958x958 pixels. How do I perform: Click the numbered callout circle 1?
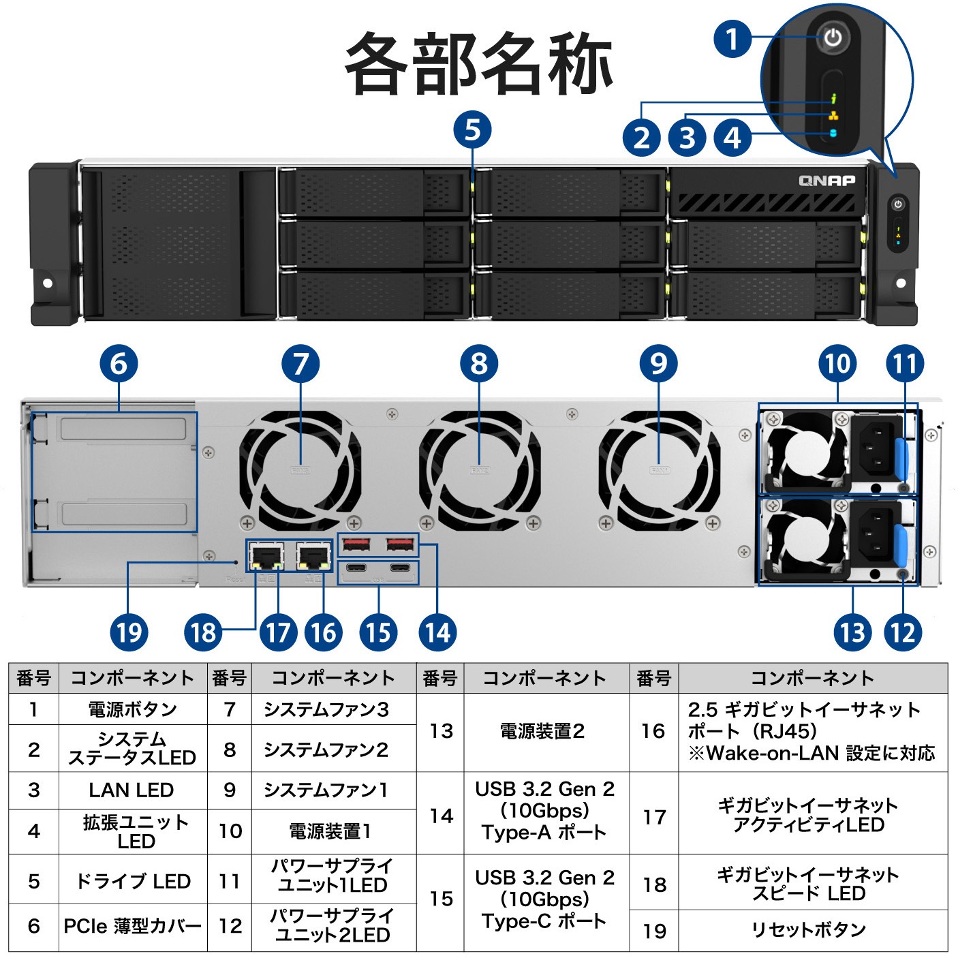click(732, 38)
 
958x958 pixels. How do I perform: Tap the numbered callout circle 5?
click(472, 130)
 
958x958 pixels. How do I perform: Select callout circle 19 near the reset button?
click(128, 632)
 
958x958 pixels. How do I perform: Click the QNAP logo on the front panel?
click(826, 181)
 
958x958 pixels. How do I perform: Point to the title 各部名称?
click(479, 63)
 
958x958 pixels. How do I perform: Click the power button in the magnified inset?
click(833, 37)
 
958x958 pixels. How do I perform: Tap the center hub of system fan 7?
click(300, 469)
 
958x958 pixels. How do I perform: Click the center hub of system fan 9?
click(659, 469)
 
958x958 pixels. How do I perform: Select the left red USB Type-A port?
click(356, 544)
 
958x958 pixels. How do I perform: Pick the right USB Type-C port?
click(400, 568)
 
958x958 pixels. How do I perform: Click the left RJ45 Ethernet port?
click(267, 557)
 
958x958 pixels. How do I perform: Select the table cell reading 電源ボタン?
click(132, 709)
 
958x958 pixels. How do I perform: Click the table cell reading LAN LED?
click(132, 790)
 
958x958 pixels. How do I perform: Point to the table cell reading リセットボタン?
click(808, 930)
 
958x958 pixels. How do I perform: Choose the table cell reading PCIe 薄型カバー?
click(132, 927)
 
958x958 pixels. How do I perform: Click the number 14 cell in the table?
click(440, 815)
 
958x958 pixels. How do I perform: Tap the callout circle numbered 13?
click(852, 632)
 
